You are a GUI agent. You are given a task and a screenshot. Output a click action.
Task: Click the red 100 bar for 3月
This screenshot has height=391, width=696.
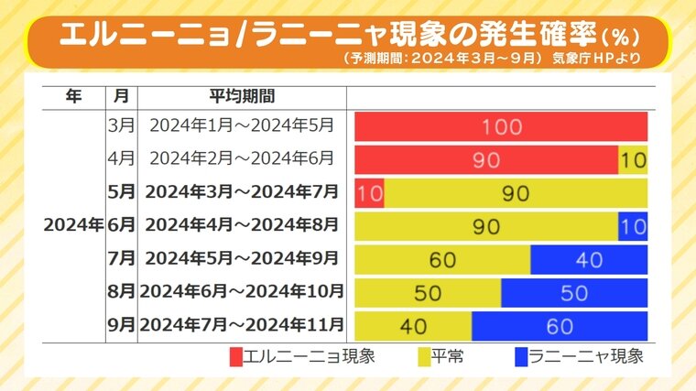[x=501, y=126]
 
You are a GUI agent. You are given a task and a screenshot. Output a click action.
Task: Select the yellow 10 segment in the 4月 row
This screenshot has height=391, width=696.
[x=633, y=159]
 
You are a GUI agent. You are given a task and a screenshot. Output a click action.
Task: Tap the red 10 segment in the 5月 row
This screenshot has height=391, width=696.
[x=369, y=193]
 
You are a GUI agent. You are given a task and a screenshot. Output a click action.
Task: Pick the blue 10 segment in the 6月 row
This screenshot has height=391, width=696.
[x=633, y=226]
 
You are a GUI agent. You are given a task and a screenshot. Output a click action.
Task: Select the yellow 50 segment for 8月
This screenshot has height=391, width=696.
[x=428, y=293]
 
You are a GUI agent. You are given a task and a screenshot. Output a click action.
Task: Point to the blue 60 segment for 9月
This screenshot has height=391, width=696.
[x=560, y=326]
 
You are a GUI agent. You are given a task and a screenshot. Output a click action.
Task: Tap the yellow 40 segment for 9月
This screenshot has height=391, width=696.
[x=413, y=326]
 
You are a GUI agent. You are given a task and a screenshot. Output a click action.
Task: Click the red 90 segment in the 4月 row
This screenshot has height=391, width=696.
[x=486, y=159]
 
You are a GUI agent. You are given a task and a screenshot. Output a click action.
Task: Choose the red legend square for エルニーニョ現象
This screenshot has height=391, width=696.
[x=236, y=356]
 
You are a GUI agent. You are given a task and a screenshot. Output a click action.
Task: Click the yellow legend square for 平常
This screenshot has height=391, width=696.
[x=425, y=356]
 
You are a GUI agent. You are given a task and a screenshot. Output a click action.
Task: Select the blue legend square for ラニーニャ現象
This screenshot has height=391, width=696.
[x=522, y=356]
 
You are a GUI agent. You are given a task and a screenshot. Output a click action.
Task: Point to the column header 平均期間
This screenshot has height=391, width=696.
[x=242, y=95]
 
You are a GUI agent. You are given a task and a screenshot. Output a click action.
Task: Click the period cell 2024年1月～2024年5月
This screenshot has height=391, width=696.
[x=242, y=125]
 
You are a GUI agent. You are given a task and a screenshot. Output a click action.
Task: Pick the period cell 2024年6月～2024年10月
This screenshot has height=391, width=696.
[x=242, y=291]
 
